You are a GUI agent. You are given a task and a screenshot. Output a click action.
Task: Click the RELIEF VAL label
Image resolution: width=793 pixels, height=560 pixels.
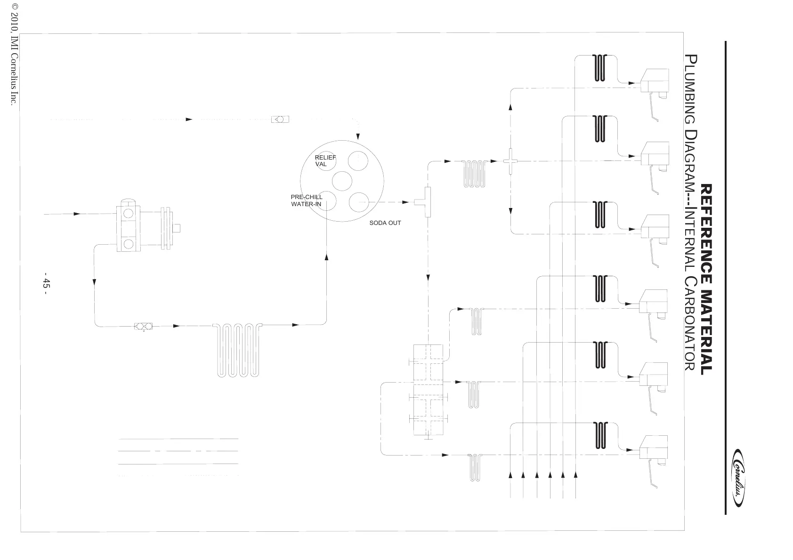(325, 160)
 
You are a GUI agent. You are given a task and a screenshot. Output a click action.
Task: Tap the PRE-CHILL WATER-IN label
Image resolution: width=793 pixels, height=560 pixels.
(307, 200)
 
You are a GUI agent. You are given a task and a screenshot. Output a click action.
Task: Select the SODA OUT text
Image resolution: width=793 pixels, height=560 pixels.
(385, 223)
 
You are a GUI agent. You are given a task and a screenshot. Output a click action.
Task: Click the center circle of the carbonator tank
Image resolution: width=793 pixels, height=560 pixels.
(342, 181)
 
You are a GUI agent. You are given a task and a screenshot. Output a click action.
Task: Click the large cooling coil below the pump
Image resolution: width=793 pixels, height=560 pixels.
(238, 350)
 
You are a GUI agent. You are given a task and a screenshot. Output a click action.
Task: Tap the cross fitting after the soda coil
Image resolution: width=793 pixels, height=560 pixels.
(510, 161)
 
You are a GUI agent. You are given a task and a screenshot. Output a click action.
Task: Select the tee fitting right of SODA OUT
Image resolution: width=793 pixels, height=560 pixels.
(426, 202)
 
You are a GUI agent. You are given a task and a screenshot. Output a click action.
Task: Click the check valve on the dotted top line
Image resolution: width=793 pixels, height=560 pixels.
(280, 120)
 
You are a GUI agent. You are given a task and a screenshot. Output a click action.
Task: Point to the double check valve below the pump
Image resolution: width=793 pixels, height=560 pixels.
(144, 326)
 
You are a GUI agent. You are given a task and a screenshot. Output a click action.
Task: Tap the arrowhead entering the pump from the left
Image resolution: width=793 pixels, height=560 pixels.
(77, 214)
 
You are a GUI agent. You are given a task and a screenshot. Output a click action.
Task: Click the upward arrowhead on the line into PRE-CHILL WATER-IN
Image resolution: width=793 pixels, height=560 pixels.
(327, 257)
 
